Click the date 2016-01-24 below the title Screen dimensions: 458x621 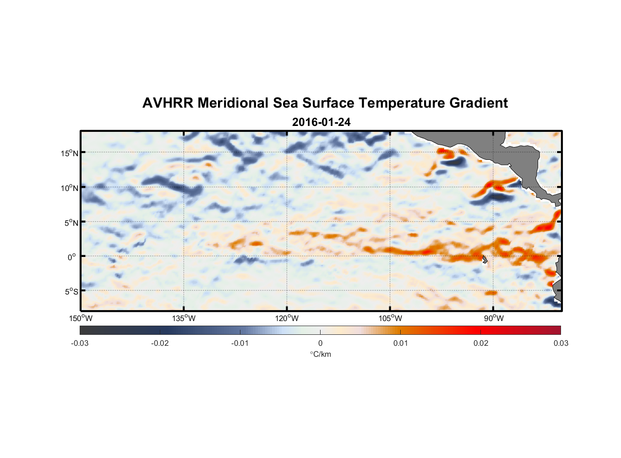pos(321,122)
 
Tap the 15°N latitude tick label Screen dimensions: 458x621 pos(70,153)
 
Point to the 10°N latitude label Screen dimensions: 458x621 pos(70,188)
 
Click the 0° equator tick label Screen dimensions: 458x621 pos(71,257)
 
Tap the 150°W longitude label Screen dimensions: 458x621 pos(81,318)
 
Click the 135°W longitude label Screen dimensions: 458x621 pos(184,318)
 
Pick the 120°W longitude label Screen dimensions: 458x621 pos(287,318)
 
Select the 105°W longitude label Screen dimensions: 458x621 pos(390,318)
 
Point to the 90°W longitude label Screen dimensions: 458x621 pos(494,318)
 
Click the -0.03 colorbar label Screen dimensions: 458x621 pos(80,343)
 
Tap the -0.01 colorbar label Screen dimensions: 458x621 pos(240,343)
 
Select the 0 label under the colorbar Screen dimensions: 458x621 pos(320,343)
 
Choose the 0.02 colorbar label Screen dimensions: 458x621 pos(481,343)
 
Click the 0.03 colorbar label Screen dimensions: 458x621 pos(561,343)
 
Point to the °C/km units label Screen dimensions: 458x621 pos(321,354)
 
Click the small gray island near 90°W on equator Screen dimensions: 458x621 pos(485,260)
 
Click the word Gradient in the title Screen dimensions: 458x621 pos(479,103)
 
